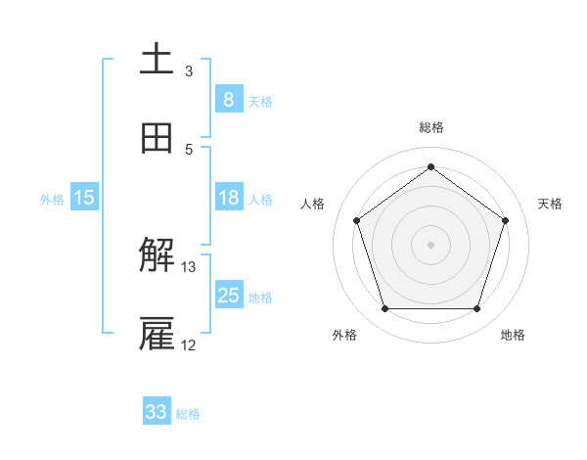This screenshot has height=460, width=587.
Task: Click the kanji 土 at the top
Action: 157,60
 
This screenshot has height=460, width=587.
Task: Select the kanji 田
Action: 157,138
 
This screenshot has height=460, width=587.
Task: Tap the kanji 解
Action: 157,256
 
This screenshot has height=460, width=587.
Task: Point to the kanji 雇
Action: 157,335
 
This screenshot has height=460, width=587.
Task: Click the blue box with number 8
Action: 228,100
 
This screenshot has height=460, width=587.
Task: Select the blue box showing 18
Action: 228,198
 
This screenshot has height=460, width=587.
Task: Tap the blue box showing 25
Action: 228,296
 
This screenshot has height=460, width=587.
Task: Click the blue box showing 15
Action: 84,198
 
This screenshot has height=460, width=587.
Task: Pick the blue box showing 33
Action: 157,412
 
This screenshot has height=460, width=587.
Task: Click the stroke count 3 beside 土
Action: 189,70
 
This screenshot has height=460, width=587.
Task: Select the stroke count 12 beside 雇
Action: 189,345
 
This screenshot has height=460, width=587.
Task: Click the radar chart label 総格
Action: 431,128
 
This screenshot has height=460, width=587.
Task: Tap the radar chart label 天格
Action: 550,204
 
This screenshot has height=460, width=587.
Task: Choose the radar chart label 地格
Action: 513,335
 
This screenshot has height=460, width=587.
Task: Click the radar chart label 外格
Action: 344,335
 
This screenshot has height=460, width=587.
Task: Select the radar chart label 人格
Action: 313,204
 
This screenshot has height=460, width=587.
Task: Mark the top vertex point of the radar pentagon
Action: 431,166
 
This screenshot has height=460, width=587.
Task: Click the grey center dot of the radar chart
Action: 431,244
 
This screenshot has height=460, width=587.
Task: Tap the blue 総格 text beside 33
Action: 188,414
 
